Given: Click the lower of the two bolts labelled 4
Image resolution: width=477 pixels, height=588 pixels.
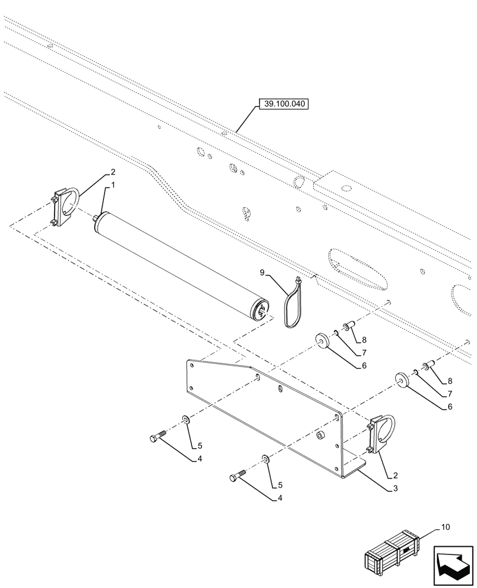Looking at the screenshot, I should [238, 477].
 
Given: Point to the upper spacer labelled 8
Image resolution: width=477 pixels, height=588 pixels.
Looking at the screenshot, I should [347, 326].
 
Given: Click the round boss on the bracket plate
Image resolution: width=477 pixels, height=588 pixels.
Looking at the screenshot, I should [321, 435].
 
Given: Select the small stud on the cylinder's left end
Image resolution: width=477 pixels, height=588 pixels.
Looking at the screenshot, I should [95, 219].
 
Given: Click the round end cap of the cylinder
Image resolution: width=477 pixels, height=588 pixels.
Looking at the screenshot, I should [260, 309].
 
